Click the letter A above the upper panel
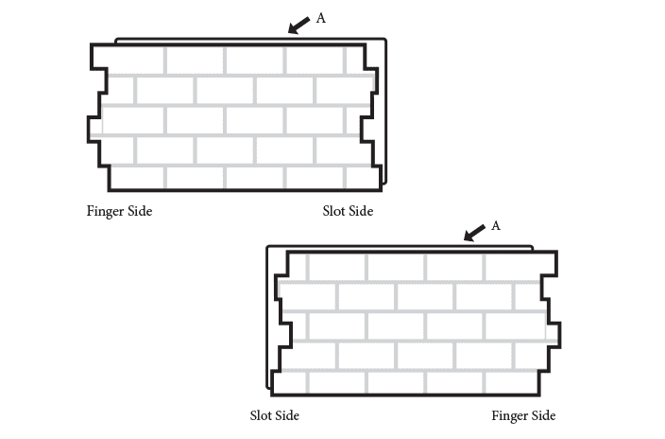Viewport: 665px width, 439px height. (x=320, y=17)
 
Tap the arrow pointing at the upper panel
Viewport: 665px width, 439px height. (x=299, y=25)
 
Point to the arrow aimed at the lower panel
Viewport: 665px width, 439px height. (x=475, y=233)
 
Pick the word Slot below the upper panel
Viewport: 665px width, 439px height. (x=334, y=211)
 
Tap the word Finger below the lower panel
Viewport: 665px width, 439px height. (x=510, y=415)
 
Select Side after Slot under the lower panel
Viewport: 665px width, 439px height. (x=287, y=415)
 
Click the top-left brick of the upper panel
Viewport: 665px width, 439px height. (x=133, y=60)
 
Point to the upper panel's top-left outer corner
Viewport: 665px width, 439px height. (x=91, y=44)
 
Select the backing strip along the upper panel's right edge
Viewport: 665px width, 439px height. (x=383, y=114)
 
